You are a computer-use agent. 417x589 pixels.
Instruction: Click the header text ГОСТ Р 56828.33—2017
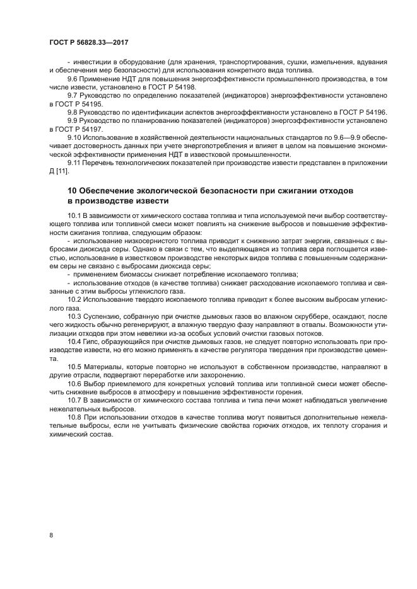click(93, 43)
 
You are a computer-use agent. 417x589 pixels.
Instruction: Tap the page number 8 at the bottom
click(50, 535)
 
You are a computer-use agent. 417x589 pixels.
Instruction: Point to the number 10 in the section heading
click(71, 191)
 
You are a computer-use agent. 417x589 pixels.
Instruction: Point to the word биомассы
click(132, 274)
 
